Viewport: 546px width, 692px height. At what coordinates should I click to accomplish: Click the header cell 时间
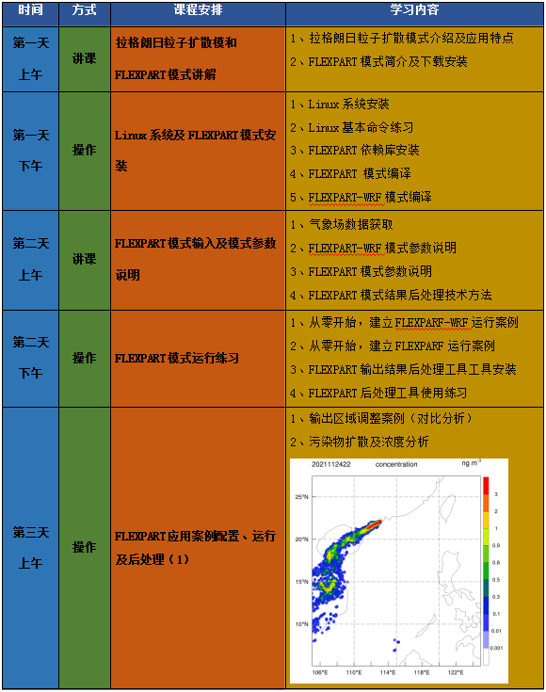tap(29, 10)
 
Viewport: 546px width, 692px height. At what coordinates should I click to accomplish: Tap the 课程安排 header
tap(198, 10)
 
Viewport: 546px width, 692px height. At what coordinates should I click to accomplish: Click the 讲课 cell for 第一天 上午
tap(84, 58)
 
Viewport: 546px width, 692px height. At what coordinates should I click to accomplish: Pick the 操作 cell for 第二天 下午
tap(84, 358)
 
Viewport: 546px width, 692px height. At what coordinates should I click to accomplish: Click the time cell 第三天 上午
tap(29, 548)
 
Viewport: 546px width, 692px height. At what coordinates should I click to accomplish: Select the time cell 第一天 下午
tap(29, 151)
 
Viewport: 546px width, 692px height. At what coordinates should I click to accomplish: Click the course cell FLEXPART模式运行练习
tap(177, 358)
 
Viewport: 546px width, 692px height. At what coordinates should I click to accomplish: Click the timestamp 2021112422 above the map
tap(330, 465)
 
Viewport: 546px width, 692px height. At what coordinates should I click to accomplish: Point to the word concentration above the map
tap(395, 465)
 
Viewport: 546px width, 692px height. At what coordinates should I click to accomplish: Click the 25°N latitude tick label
tap(302, 496)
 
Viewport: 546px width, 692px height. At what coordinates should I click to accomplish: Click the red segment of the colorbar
tap(487, 486)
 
